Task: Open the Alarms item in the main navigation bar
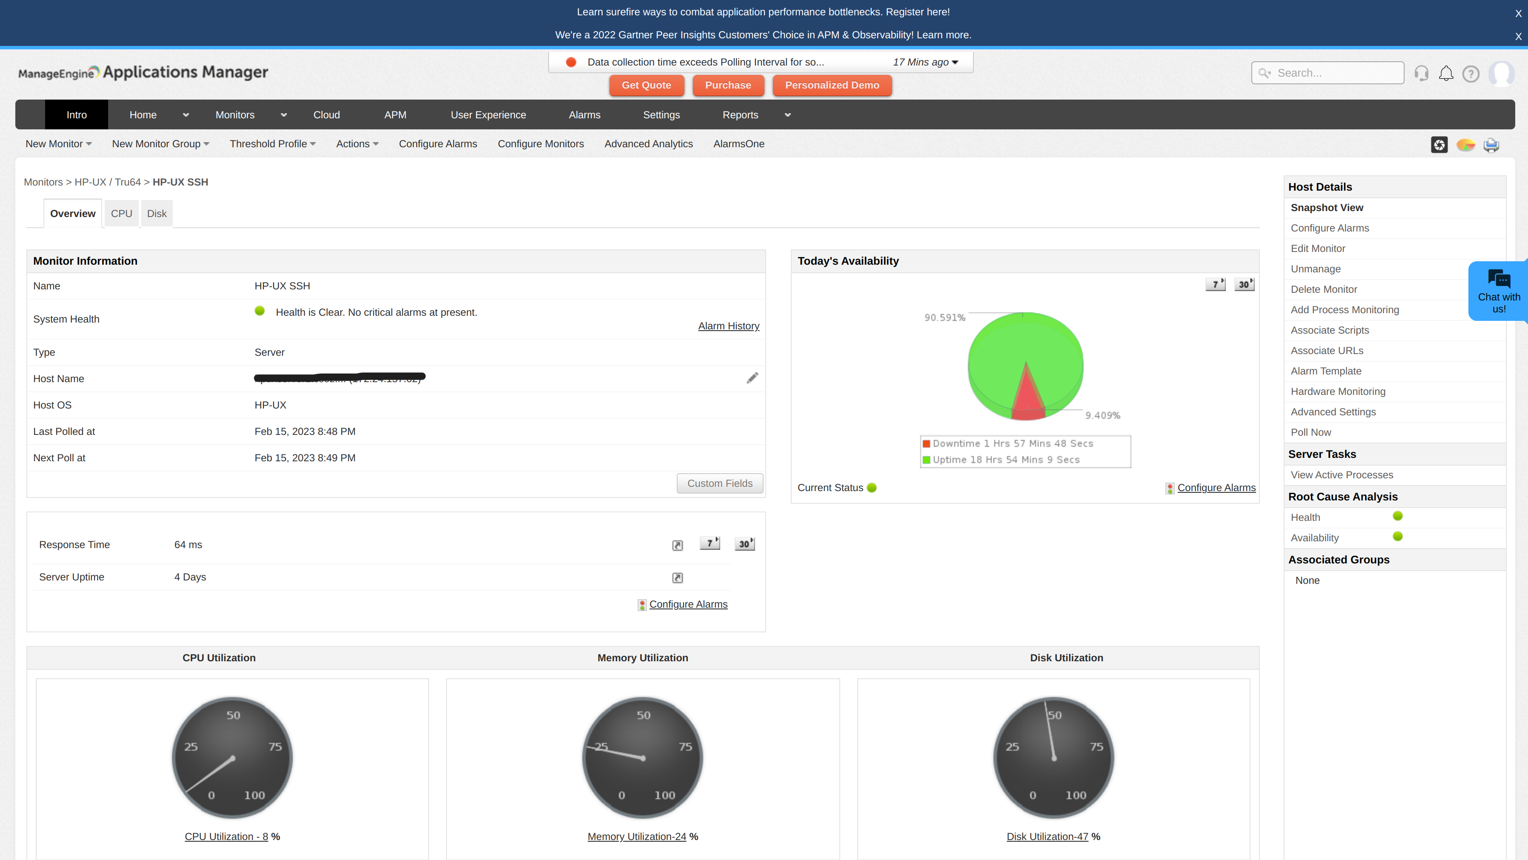point(584,115)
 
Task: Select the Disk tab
point(157,214)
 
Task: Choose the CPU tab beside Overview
point(122,214)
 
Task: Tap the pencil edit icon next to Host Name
point(752,378)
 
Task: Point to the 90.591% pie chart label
point(945,318)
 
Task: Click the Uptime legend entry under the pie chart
point(1005,460)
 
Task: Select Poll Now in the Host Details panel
point(1311,432)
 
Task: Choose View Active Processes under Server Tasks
point(1342,475)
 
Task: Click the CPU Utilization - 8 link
point(226,836)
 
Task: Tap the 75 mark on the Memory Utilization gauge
point(685,747)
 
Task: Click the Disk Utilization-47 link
point(1047,836)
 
